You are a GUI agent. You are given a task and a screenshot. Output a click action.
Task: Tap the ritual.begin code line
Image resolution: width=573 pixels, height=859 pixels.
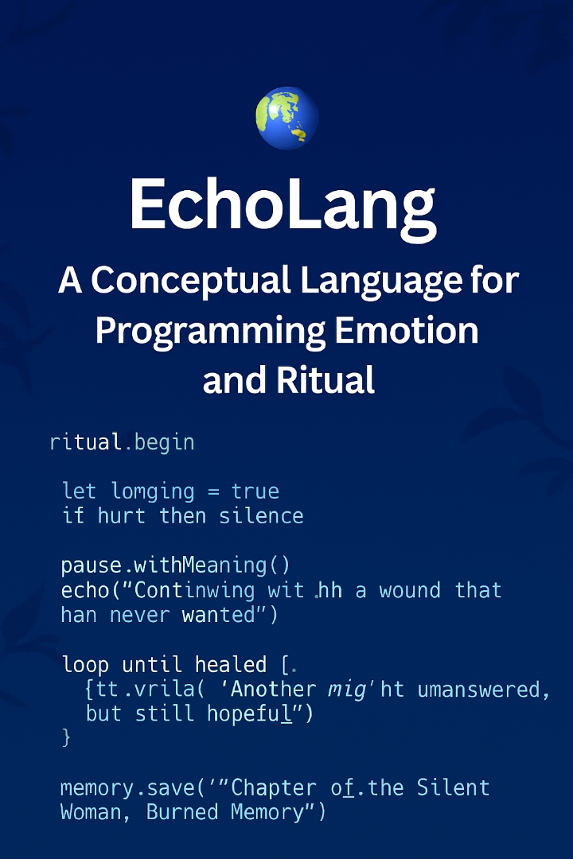[x=122, y=442]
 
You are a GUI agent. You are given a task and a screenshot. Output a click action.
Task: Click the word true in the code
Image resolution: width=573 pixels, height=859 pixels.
[x=255, y=491]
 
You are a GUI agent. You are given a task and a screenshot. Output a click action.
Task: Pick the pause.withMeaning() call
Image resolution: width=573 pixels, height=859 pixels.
[x=175, y=566]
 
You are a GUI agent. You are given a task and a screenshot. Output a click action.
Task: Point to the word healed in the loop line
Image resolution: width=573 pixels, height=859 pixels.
[x=231, y=664]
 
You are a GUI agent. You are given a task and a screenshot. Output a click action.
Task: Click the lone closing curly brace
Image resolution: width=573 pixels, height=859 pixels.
[x=66, y=738]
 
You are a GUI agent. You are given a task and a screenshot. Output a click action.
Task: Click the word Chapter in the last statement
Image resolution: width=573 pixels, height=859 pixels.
[x=273, y=788]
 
